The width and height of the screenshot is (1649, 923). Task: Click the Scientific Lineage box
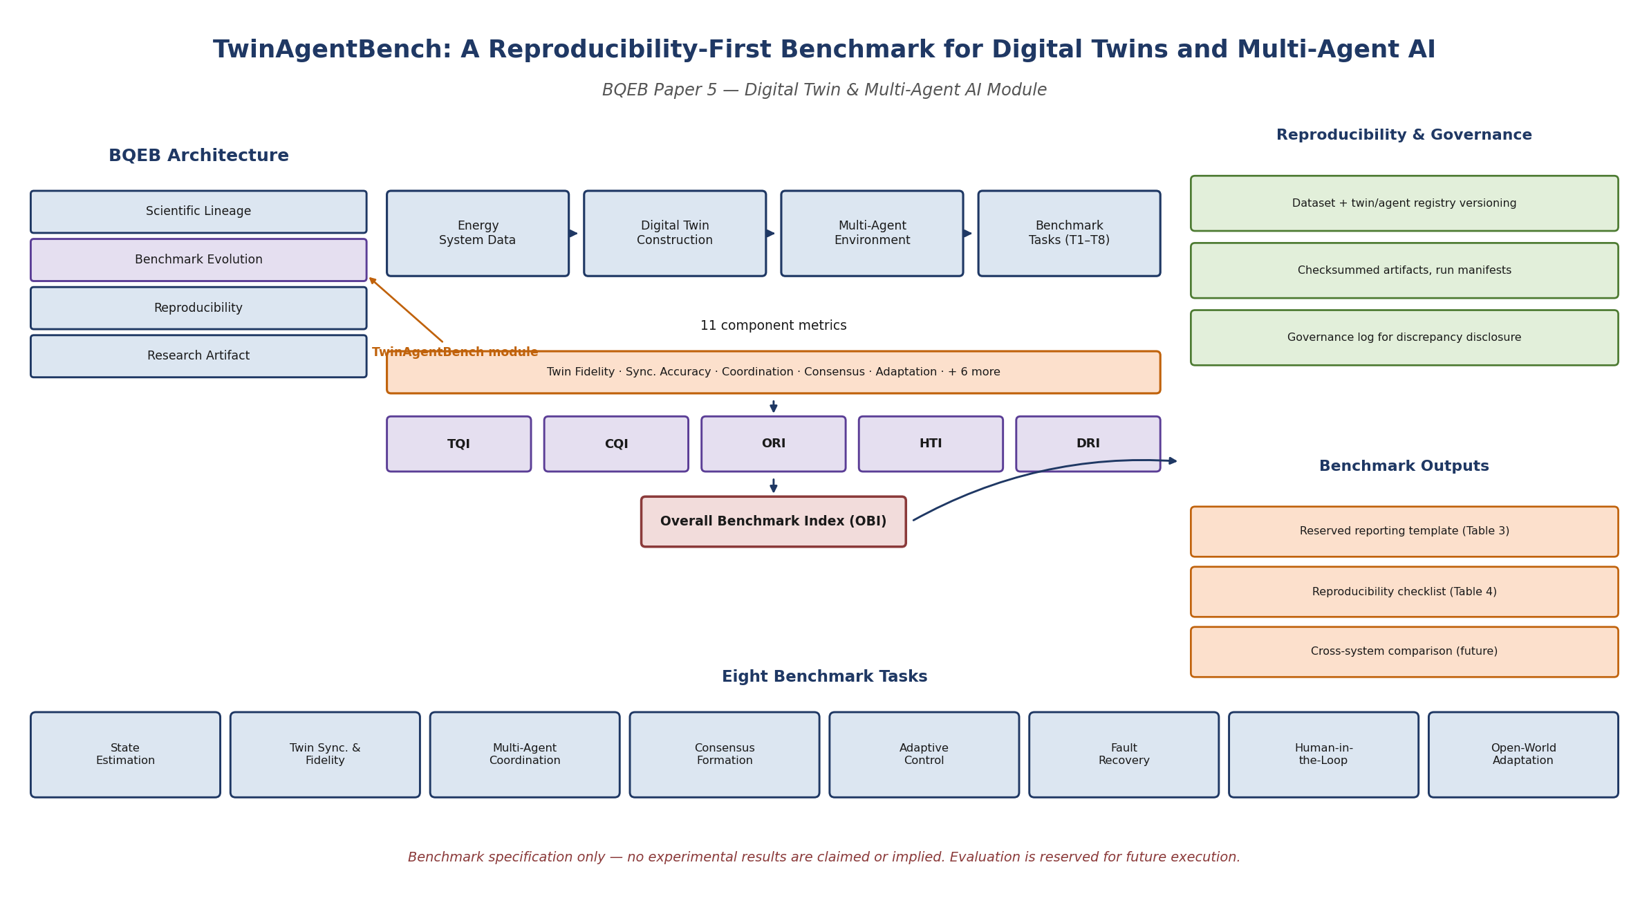tap(198, 212)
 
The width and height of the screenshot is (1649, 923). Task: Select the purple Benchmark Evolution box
tap(198, 260)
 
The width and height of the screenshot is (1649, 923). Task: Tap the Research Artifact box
tap(198, 356)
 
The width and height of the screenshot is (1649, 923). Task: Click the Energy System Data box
tap(478, 234)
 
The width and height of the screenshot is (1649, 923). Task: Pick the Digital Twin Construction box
tap(675, 234)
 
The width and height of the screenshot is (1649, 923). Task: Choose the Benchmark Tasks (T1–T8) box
tap(1069, 234)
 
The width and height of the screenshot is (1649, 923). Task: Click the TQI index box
tap(459, 444)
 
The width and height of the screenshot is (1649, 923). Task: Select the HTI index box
tap(931, 444)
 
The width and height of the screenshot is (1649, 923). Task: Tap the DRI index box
tap(1088, 444)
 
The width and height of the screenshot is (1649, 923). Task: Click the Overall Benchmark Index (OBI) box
tap(773, 521)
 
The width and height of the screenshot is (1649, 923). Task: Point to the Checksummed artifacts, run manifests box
tap(1404, 270)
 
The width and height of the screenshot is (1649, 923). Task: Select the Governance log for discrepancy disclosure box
tap(1404, 337)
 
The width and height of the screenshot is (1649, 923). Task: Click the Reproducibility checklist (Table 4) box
tap(1404, 592)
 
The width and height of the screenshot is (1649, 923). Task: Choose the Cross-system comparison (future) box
tap(1404, 652)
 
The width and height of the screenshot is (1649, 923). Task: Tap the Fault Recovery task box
tap(1124, 755)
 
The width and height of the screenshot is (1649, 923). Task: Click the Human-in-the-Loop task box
tap(1323, 755)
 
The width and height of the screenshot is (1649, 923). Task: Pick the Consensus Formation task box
tap(725, 755)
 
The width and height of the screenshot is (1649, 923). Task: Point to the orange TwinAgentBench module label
tap(455, 353)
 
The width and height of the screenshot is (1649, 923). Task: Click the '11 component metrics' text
tap(773, 326)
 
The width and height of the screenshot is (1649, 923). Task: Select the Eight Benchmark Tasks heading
tap(824, 677)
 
